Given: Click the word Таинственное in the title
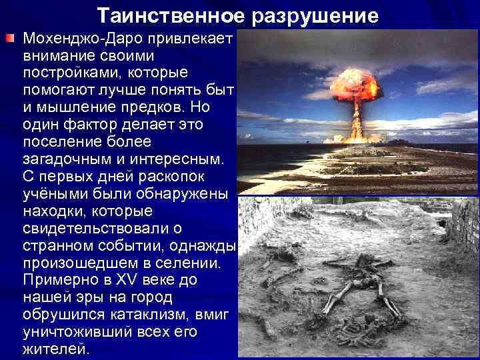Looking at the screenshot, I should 167,14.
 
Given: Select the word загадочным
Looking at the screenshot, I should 59,159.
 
